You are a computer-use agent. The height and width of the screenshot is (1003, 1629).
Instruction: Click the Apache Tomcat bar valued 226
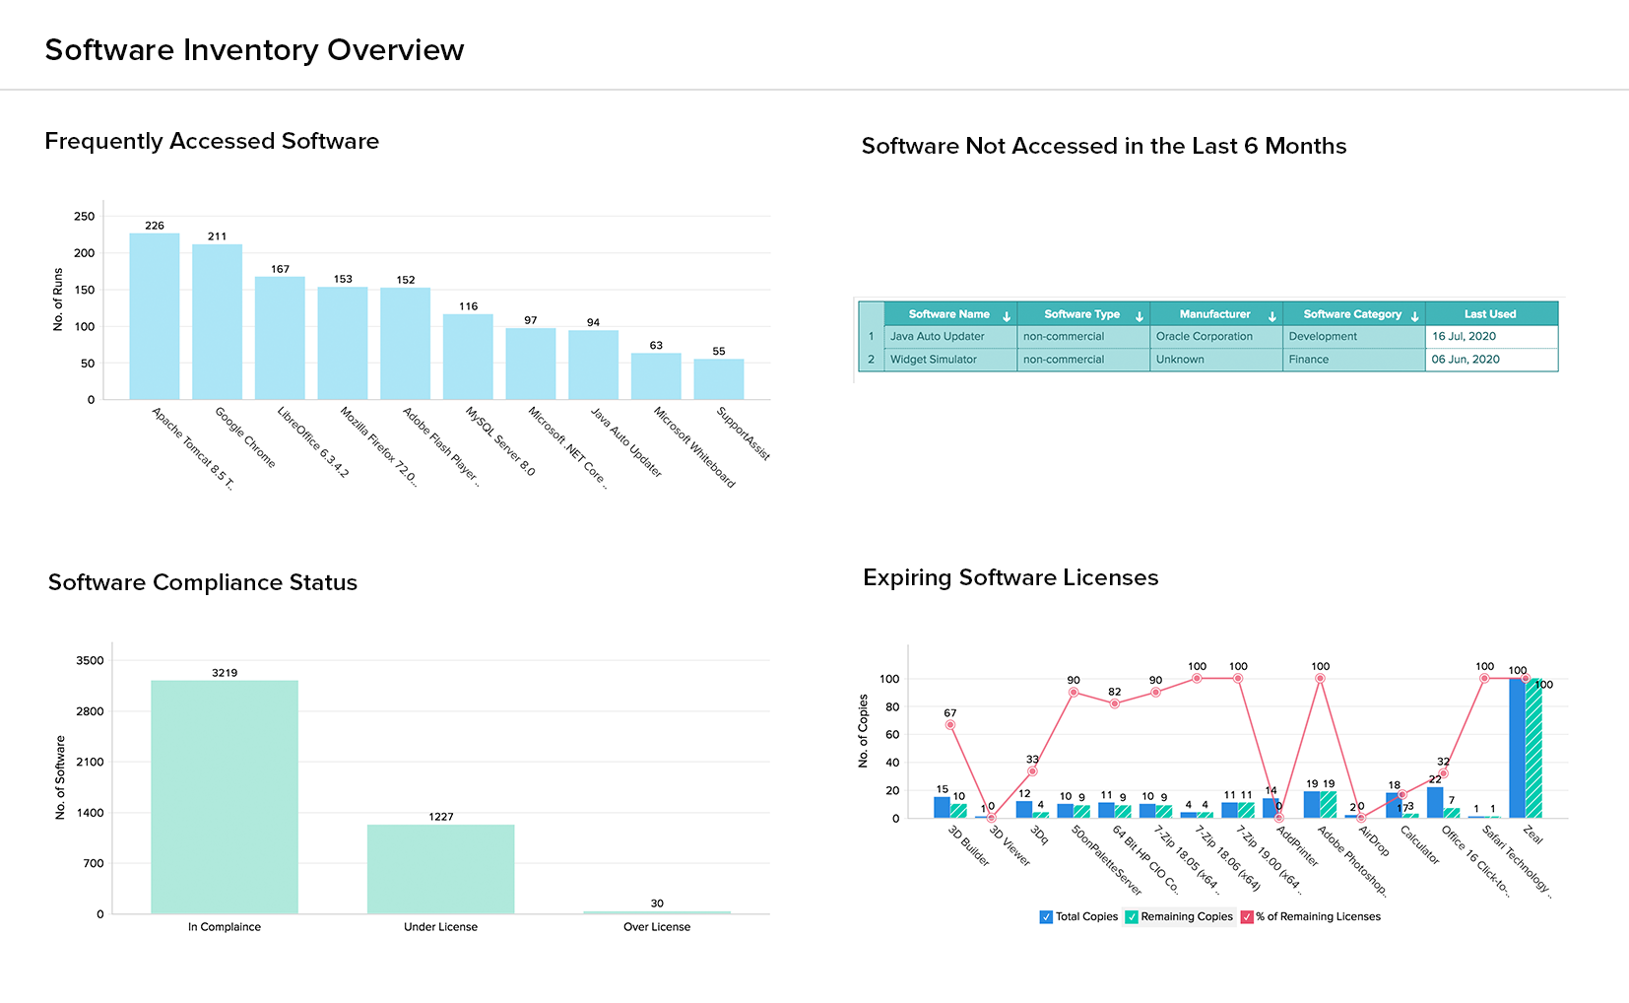(x=155, y=315)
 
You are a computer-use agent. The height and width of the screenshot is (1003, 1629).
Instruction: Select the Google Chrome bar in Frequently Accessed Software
(x=217, y=321)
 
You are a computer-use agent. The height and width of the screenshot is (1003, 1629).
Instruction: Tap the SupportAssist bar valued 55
(x=719, y=378)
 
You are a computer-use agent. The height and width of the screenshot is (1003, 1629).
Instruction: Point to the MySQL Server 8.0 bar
(x=468, y=356)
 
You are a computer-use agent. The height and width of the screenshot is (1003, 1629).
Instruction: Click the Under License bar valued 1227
(x=440, y=868)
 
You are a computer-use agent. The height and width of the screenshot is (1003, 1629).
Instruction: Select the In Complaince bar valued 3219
(x=225, y=796)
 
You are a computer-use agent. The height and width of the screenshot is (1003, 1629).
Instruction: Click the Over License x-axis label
(x=657, y=927)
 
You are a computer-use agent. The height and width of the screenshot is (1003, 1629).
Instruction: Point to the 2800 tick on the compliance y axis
(x=90, y=711)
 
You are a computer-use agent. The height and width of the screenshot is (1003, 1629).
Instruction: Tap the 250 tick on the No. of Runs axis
(x=85, y=217)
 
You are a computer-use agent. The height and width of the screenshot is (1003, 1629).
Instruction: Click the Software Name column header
(x=948, y=314)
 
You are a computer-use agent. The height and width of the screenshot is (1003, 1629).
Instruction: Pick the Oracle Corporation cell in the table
(x=1205, y=337)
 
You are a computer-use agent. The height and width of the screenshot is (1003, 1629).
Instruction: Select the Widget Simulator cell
(x=934, y=360)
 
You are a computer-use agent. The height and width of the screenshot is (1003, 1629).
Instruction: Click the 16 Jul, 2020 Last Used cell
(x=1464, y=337)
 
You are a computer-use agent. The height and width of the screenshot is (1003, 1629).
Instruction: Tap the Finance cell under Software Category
(x=1309, y=360)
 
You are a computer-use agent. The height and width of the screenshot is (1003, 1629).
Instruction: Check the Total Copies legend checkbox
(x=1046, y=917)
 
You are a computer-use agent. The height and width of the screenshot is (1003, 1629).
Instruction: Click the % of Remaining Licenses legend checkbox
(x=1247, y=917)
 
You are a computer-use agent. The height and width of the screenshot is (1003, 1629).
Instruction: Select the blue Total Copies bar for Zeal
(x=1517, y=748)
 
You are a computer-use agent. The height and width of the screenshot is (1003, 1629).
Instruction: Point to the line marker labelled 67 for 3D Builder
(x=950, y=725)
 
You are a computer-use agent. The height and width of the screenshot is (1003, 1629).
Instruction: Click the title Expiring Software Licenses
(x=1010, y=577)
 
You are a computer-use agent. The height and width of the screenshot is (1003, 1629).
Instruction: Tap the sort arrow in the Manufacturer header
(x=1272, y=316)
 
